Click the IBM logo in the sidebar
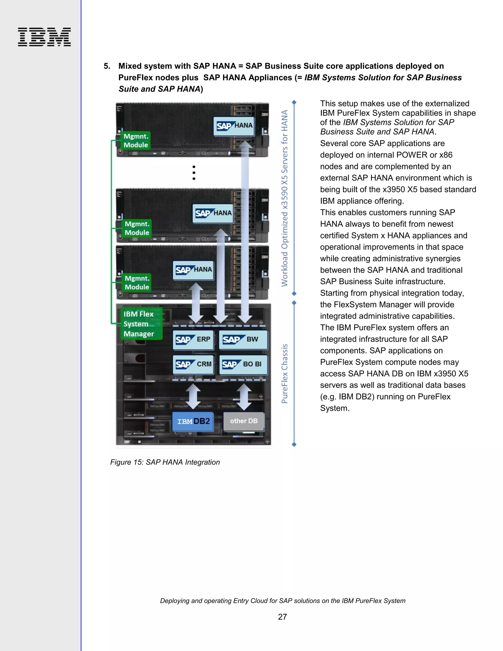click(x=44, y=37)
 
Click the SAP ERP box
click(x=193, y=340)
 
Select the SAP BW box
click(x=243, y=340)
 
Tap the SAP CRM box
click(x=193, y=364)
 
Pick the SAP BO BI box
click(x=243, y=364)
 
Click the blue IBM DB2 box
click(x=193, y=421)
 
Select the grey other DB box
click(x=243, y=421)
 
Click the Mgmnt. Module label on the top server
click(x=136, y=141)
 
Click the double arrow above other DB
click(x=244, y=396)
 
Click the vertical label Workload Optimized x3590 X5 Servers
click(x=285, y=198)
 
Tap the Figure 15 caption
click(x=165, y=462)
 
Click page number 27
click(x=282, y=617)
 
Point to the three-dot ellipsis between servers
click(x=194, y=173)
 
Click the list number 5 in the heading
click(x=107, y=66)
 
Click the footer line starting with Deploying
click(x=282, y=601)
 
